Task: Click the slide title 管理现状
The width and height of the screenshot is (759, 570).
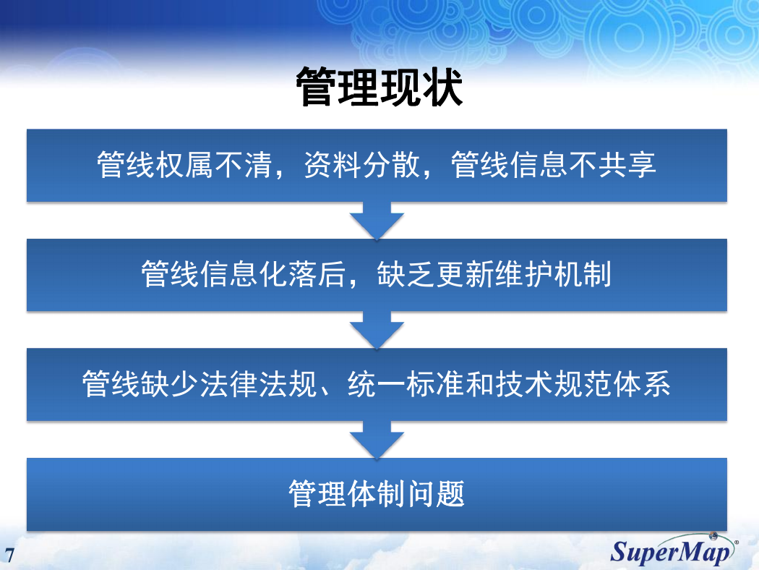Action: coord(379,87)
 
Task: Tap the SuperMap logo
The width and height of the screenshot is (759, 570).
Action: coord(674,550)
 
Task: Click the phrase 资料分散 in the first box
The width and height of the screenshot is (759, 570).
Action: coord(361,165)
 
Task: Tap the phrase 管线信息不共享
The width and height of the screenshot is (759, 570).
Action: coord(553,165)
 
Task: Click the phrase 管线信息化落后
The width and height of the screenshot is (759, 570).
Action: coord(243,274)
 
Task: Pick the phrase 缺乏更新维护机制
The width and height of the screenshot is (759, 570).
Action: coord(494,274)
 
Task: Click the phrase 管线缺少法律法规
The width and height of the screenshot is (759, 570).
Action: coord(200,384)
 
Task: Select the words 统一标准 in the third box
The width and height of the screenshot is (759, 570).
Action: coord(406,384)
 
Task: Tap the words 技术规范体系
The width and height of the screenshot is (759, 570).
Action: coord(583,384)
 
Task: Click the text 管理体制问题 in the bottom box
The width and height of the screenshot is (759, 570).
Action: coord(377,493)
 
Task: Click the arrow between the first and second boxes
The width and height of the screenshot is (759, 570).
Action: coord(377,221)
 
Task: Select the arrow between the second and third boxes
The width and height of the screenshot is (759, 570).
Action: coord(377,330)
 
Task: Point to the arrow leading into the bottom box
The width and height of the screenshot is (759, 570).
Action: coord(377,440)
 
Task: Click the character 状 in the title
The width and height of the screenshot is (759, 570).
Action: coord(442,87)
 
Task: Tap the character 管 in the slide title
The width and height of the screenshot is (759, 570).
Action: coord(316,87)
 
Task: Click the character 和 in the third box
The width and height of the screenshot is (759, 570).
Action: coord(479,384)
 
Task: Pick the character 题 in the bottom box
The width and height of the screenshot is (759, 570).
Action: coord(450,493)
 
